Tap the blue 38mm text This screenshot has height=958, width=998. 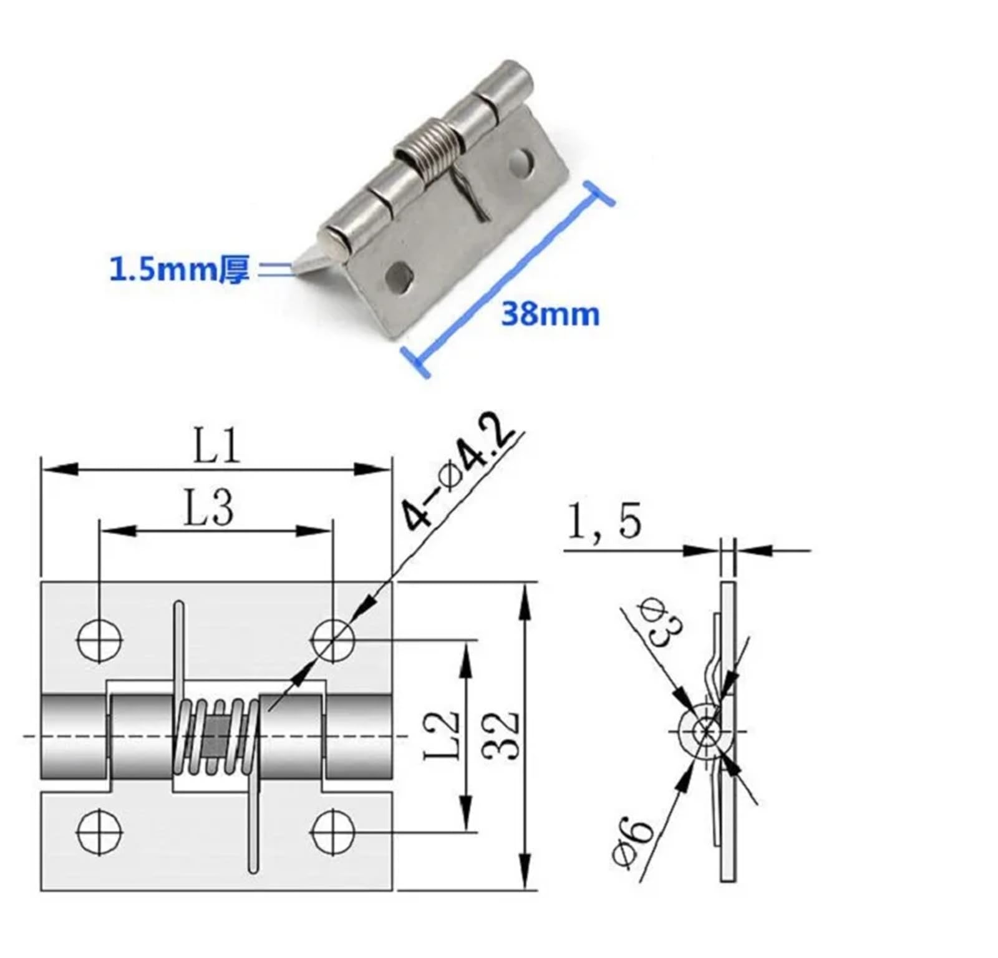click(550, 314)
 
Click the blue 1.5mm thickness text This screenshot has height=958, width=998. click(180, 270)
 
